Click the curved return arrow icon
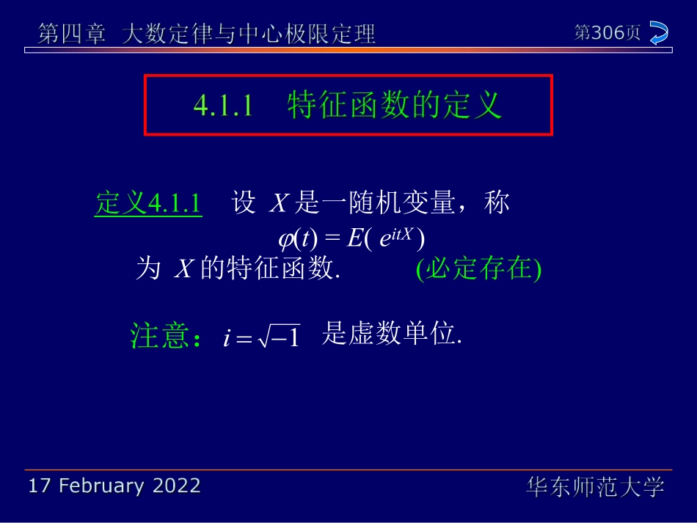pyautogui.click(x=659, y=33)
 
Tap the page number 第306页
pyautogui.click(x=607, y=33)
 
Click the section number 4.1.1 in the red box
pyautogui.click(x=223, y=106)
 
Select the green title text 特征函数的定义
pyautogui.click(x=395, y=106)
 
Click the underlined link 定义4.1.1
pyautogui.click(x=148, y=203)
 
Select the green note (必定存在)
pyautogui.click(x=478, y=270)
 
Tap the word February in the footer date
pyautogui.click(x=102, y=486)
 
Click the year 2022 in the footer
pyautogui.click(x=176, y=486)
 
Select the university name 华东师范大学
pyautogui.click(x=595, y=486)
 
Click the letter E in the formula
pyautogui.click(x=353, y=239)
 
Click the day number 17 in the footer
pyautogui.click(x=39, y=486)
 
